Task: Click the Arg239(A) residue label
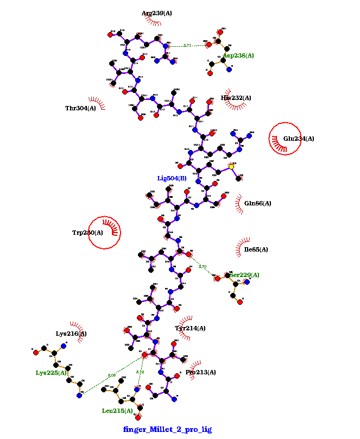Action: pos(156,13)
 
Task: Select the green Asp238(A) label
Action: pos(238,55)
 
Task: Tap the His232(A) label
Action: pos(236,98)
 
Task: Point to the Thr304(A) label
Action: pos(80,108)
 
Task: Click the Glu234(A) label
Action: pos(299,139)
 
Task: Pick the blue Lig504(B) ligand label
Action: pos(172,178)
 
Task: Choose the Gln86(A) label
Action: pos(257,203)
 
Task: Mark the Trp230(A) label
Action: pos(87,233)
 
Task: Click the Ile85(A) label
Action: pos(256,250)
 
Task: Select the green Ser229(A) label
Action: pos(244,275)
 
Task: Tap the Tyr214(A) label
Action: pos(190,328)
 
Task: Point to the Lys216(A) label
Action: pos(71,334)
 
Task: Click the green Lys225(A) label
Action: pos(51,373)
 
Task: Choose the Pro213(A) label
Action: pos(200,372)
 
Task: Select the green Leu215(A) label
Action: pos(117,411)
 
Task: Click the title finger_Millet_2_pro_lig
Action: pos(167,429)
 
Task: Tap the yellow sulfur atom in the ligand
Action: pos(231,167)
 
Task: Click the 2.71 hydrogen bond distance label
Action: pos(187,46)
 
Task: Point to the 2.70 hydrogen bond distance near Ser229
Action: pos(203,267)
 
